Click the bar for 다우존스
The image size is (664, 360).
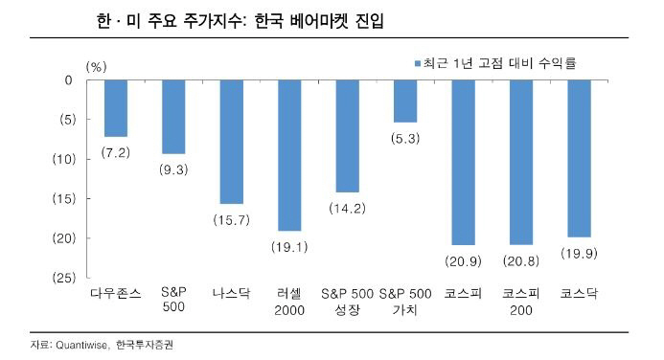pos(116,108)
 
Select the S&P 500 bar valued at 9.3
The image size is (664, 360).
pos(173,117)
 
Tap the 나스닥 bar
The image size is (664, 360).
pos(232,142)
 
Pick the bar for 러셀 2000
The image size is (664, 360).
pos(289,155)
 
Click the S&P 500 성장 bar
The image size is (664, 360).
pos(347,136)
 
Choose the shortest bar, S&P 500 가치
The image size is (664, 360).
pos(405,101)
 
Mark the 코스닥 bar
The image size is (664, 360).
pos(579,158)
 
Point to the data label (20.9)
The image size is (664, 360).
pos(463,261)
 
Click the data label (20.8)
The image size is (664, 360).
pos(521,261)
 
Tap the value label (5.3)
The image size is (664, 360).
pos(405,139)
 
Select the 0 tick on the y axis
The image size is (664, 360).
pos(68,80)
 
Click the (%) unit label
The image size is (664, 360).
pos(97,66)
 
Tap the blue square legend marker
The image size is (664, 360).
pos(419,64)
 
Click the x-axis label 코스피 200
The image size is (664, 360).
pos(521,303)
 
